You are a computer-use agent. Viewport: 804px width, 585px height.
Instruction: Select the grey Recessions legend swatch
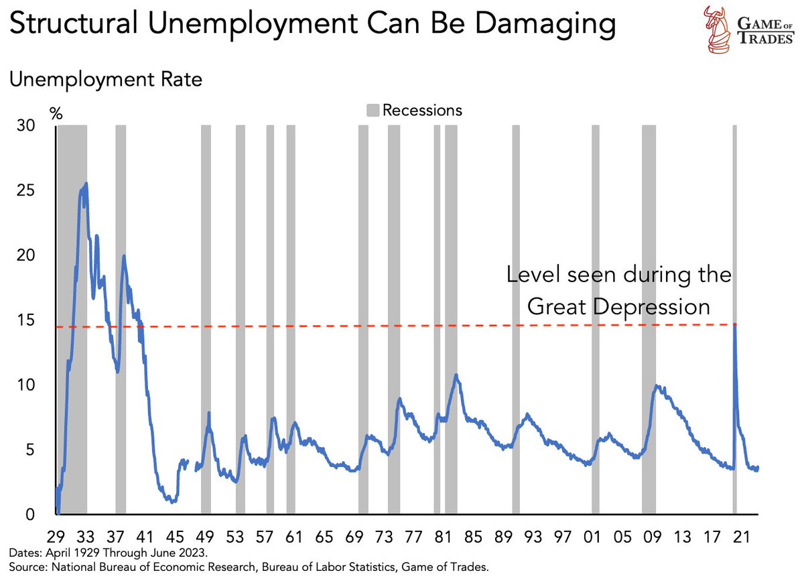[373, 109]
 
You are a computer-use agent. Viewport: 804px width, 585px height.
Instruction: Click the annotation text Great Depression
[618, 306]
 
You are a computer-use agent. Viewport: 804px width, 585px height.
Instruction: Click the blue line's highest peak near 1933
[86, 184]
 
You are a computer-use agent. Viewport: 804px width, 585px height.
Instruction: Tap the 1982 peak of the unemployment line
[456, 375]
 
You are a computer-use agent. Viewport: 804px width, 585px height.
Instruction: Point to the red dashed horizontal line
[402, 326]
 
